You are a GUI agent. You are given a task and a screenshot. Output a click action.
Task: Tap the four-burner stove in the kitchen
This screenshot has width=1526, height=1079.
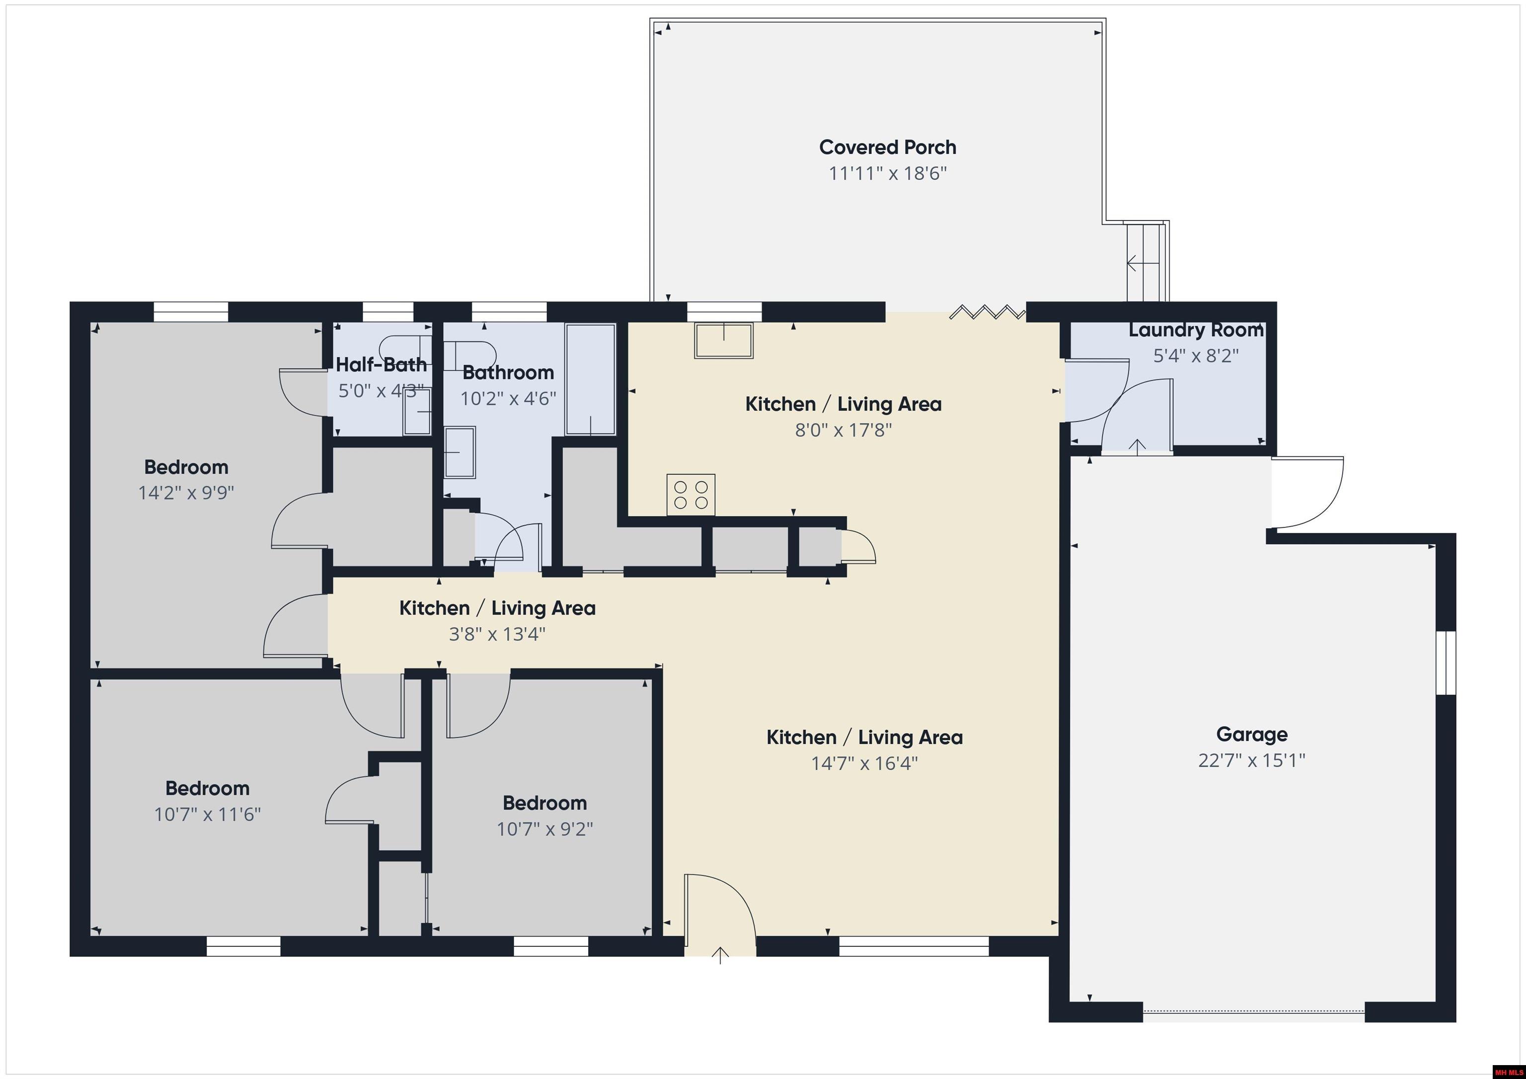(691, 495)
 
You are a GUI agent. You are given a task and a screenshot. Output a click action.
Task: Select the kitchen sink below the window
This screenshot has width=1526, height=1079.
(724, 340)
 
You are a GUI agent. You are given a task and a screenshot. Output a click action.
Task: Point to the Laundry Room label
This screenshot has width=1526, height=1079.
(1196, 330)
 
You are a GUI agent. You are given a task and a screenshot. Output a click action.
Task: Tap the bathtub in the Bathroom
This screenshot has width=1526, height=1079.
(590, 379)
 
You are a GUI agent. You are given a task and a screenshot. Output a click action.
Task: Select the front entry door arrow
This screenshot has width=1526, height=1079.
(720, 955)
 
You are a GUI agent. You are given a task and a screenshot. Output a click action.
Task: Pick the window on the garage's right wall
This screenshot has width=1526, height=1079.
(1445, 662)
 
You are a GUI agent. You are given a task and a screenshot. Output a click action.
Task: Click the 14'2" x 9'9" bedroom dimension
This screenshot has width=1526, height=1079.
(186, 493)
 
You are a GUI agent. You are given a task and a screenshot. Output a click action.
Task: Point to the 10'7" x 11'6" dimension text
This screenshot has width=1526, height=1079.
(207, 814)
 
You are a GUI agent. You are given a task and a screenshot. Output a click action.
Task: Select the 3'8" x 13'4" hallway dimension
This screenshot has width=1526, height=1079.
(497, 634)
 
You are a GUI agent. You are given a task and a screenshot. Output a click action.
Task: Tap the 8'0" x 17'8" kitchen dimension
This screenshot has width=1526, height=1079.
(843, 430)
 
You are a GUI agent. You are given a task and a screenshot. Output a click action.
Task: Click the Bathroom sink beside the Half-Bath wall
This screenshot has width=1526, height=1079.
(459, 452)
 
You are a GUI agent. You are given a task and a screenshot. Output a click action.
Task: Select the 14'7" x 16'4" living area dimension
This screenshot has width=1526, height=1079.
(864, 763)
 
